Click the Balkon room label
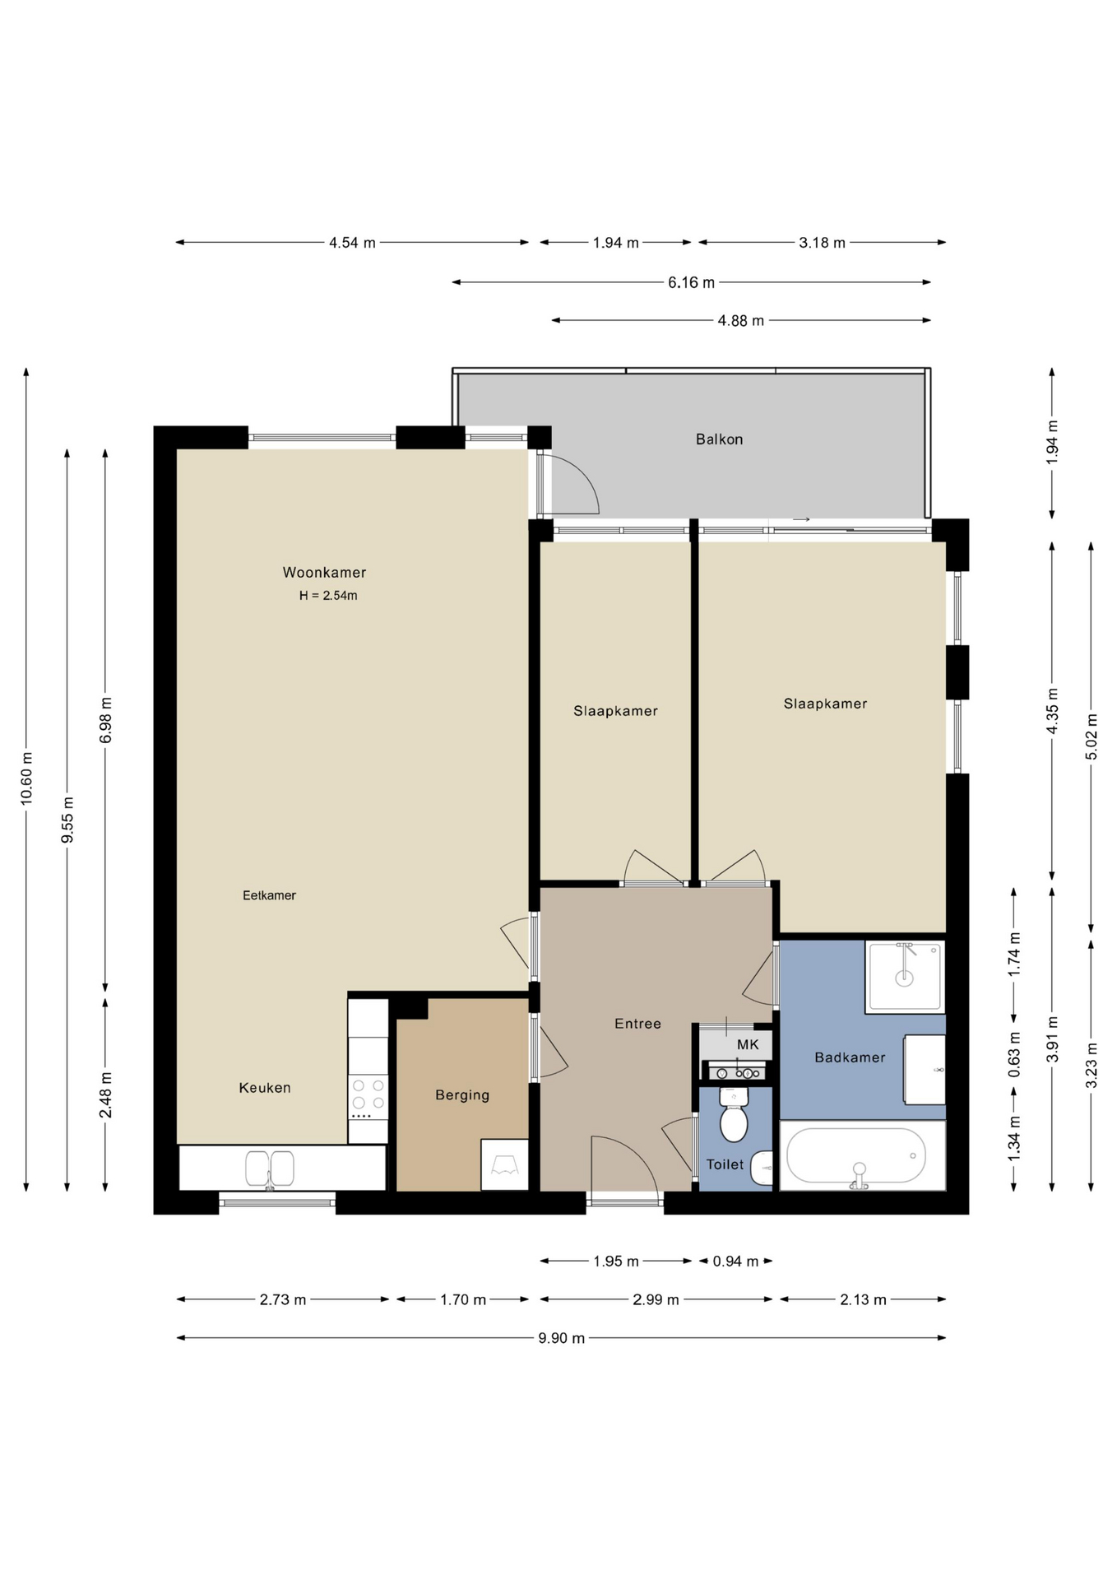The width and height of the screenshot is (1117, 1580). [x=719, y=439]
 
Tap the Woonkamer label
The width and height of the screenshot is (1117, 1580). [x=324, y=573]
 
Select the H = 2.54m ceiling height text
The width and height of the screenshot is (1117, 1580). [x=328, y=596]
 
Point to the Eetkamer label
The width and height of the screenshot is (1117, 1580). [x=269, y=895]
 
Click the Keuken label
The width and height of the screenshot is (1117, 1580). [x=265, y=1088]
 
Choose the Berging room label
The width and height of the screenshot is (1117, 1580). [x=462, y=1095]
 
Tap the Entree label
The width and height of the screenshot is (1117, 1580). [x=637, y=1024]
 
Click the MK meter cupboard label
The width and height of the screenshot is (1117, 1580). [x=748, y=1045]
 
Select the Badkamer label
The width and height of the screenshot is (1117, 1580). [x=850, y=1057]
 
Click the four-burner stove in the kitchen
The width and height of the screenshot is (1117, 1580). [x=368, y=1098]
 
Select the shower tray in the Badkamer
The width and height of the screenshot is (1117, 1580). [x=904, y=976]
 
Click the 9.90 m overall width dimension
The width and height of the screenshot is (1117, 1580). [x=562, y=1338]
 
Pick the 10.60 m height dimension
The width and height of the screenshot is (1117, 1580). [x=26, y=778]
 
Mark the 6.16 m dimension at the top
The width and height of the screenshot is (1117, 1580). [x=691, y=282]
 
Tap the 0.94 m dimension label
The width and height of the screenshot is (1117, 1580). [x=735, y=1261]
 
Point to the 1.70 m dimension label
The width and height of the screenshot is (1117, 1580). [x=463, y=1299]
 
